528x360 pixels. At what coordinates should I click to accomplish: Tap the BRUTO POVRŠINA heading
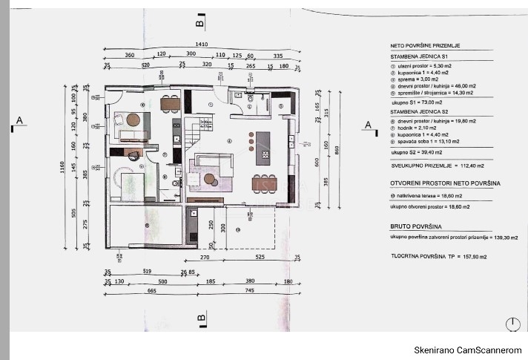point(415,225)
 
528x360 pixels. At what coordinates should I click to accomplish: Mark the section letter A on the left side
point(19,120)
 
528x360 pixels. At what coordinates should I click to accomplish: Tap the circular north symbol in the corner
point(512,324)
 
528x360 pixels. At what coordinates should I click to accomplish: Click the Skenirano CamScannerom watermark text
point(466,349)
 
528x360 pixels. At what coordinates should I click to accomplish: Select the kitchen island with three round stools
point(263,146)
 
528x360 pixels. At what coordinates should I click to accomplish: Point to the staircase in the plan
point(194,134)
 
